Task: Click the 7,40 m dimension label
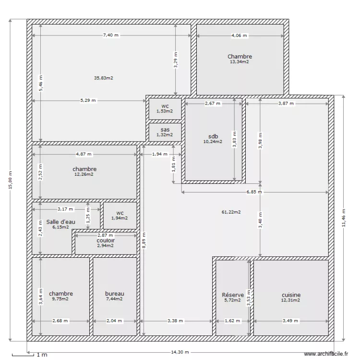(111, 35)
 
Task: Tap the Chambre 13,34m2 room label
(240, 57)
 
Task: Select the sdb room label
(213, 136)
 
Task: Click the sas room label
(165, 130)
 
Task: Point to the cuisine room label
(291, 295)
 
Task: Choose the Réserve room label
(233, 295)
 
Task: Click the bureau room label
(115, 294)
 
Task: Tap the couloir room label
(106, 240)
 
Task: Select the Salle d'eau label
(61, 222)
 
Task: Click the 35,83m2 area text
(104, 78)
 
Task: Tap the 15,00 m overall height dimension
(11, 180)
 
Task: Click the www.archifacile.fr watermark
(326, 353)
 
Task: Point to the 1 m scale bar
(29, 355)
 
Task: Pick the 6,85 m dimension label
(254, 192)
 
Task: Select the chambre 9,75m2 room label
(61, 294)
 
